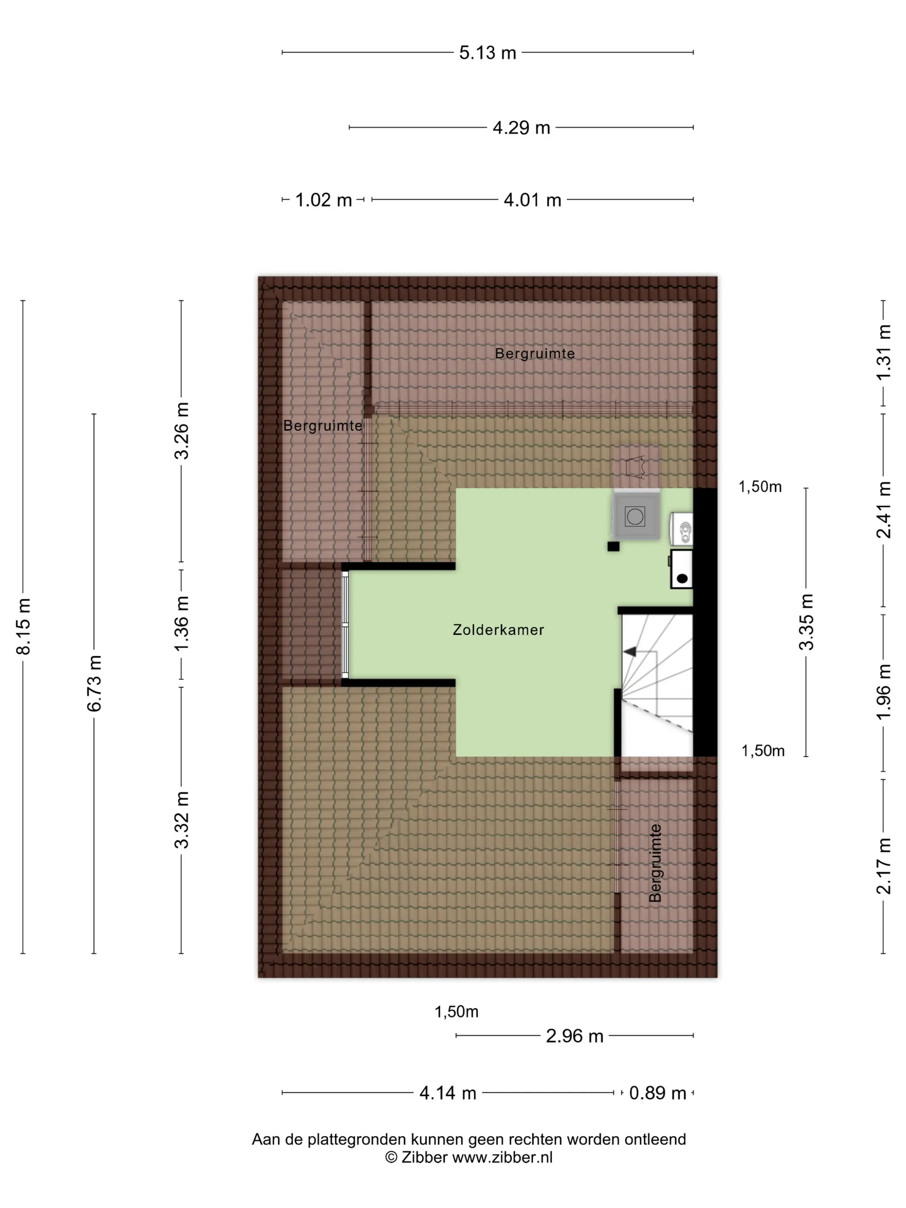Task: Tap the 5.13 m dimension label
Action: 487,53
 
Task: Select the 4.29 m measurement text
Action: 521,128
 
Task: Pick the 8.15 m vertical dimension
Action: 24,626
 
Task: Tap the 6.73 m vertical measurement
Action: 94,683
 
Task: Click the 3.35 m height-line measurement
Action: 806,622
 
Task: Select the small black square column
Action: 613,546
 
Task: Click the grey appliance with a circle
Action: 635,516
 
